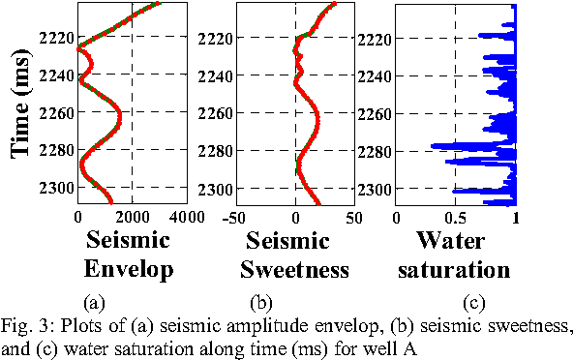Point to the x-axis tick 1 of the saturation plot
(515, 219)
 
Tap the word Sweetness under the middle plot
(295, 270)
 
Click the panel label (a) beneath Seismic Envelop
(95, 302)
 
